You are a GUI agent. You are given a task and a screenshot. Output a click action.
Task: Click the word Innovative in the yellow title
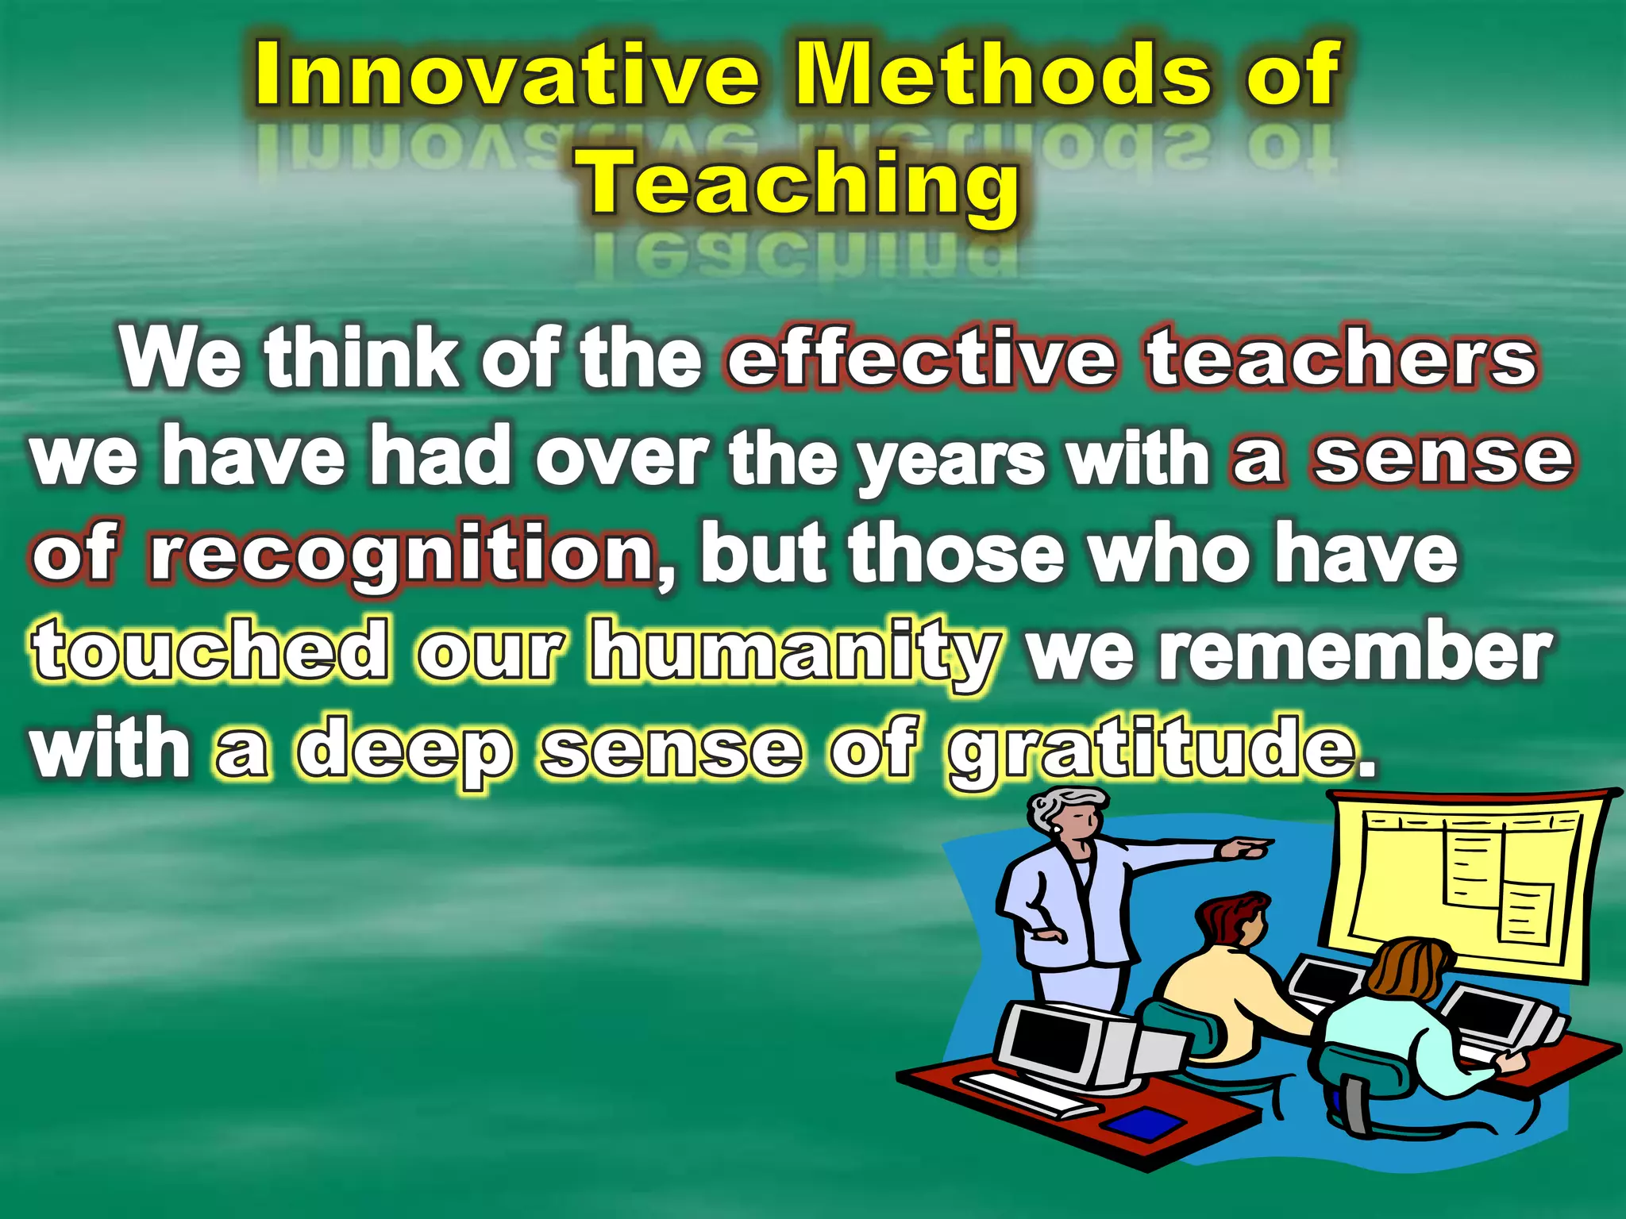pos(507,75)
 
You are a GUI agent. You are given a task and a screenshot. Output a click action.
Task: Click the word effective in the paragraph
pos(921,359)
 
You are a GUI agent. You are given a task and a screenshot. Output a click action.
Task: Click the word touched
pos(211,652)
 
